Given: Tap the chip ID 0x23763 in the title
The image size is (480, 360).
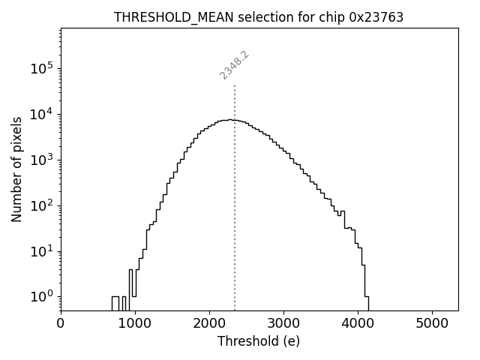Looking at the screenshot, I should [376, 17].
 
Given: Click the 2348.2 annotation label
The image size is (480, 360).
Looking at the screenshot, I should [234, 64].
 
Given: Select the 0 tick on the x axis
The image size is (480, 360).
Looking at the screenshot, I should [61, 323].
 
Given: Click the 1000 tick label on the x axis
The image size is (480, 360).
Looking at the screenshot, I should [135, 323].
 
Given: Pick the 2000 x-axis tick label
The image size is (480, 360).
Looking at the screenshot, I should [209, 323].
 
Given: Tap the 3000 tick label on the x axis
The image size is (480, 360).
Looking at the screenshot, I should [283, 323].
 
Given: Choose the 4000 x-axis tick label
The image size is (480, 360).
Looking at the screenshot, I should [358, 323].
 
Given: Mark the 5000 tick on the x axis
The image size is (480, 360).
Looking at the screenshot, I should [432, 323].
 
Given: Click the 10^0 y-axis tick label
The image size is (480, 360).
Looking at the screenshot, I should [40, 296].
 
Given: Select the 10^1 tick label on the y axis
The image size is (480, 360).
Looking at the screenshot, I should [40, 250].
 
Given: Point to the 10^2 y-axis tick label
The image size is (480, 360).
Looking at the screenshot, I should [40, 205].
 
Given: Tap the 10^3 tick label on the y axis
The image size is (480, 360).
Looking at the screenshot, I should [40, 160].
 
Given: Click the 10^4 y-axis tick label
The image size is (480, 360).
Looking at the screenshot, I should [40, 114].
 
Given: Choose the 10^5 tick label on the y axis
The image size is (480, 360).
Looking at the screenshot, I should [40, 68].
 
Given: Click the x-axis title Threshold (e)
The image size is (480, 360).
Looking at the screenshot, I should [259, 341].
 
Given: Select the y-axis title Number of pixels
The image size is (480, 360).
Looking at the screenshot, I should [16, 169].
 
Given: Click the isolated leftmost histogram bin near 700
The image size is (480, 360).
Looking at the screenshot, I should [115, 303].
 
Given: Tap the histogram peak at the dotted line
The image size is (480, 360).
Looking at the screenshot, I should [235, 120].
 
